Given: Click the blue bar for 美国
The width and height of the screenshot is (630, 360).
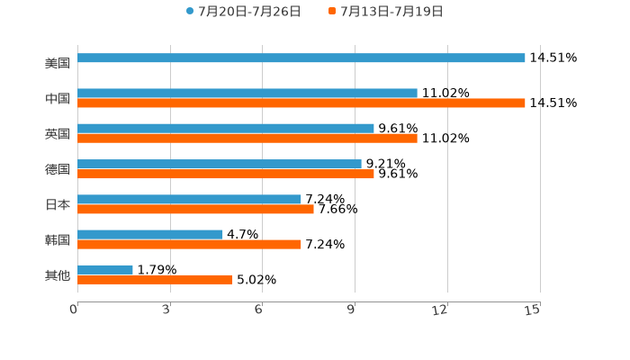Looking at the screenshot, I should (301, 58).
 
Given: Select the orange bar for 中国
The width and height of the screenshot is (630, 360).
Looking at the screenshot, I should (301, 103).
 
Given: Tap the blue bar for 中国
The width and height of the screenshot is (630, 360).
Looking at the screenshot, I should (247, 93).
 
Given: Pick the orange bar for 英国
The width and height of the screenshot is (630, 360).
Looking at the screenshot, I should (247, 139).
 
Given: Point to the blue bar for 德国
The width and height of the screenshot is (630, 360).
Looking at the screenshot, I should (220, 164).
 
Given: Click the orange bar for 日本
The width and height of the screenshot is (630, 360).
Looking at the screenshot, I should (195, 209).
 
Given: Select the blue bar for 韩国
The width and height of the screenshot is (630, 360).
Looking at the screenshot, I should (150, 234).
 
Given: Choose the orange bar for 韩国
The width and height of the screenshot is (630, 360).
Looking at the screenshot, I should (189, 244).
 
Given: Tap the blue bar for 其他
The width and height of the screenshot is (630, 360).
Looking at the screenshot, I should (105, 269).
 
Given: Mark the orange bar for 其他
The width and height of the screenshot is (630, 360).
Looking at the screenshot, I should (155, 279).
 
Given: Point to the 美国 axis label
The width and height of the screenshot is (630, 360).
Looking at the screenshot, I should (58, 63).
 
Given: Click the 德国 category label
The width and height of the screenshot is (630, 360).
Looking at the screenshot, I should (58, 169).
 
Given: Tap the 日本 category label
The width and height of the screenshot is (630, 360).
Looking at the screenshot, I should (58, 204).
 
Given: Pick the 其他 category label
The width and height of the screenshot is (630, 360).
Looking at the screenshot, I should (58, 274).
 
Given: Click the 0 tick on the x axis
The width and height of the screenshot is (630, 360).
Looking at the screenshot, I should (74, 310).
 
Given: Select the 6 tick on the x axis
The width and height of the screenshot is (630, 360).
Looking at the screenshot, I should (259, 310).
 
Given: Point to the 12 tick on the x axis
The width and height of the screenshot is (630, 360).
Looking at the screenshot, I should (440, 310).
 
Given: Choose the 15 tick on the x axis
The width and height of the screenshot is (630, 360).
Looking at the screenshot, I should (533, 310).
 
